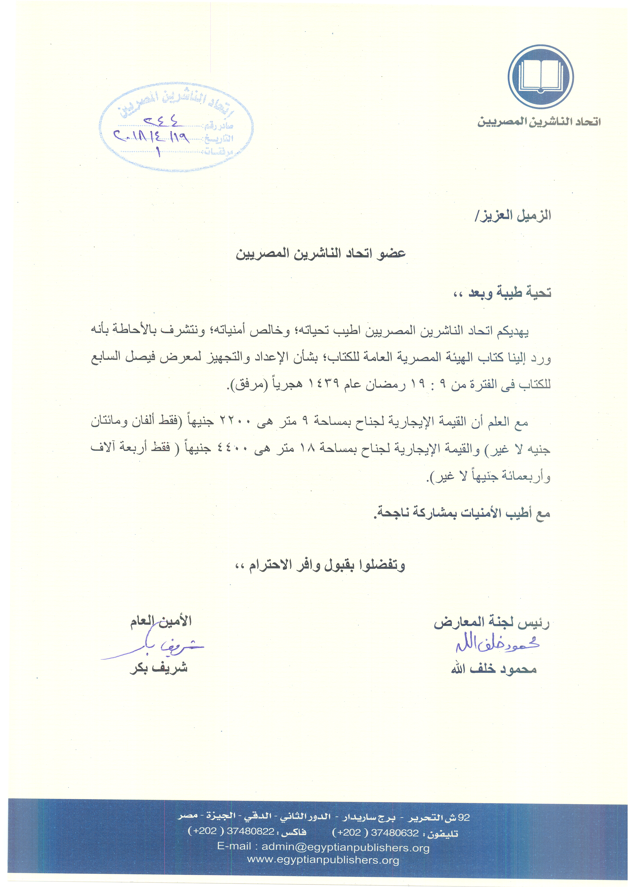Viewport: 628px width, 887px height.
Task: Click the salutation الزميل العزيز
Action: [513, 216]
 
